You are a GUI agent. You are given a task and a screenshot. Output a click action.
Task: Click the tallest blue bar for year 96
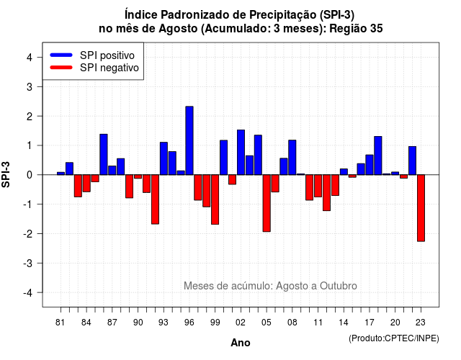(189, 140)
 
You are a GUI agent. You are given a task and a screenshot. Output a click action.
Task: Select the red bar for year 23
(421, 208)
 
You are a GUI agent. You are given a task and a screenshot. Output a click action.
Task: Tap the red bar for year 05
(267, 203)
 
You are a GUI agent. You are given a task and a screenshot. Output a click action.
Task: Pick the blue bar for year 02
(241, 152)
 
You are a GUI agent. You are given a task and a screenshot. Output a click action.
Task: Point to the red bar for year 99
(215, 199)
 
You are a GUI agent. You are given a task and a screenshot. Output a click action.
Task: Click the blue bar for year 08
(292, 158)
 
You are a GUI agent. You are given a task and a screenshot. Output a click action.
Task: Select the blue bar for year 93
(164, 158)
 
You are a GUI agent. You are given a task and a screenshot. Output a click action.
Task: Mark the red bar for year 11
(318, 186)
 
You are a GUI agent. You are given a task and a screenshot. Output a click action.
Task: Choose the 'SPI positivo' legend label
(107, 55)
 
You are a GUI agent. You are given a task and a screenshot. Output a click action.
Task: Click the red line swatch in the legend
(61, 67)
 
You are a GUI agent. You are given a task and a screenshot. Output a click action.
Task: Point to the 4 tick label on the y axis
(30, 58)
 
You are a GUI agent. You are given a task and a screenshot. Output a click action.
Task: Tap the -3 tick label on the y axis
(27, 263)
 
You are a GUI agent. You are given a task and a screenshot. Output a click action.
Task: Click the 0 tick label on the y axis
(30, 175)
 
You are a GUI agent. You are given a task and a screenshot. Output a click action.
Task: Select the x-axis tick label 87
(112, 323)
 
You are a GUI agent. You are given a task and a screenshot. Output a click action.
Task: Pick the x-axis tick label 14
(344, 323)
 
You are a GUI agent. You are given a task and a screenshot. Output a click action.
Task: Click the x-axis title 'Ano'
(241, 343)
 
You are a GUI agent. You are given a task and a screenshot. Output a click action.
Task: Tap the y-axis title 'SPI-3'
(6, 174)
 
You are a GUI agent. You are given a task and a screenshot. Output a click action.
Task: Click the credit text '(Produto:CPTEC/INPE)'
(394, 338)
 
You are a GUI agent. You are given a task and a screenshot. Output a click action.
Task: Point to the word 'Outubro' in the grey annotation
(339, 286)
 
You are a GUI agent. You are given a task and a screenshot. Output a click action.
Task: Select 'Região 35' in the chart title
(356, 29)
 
